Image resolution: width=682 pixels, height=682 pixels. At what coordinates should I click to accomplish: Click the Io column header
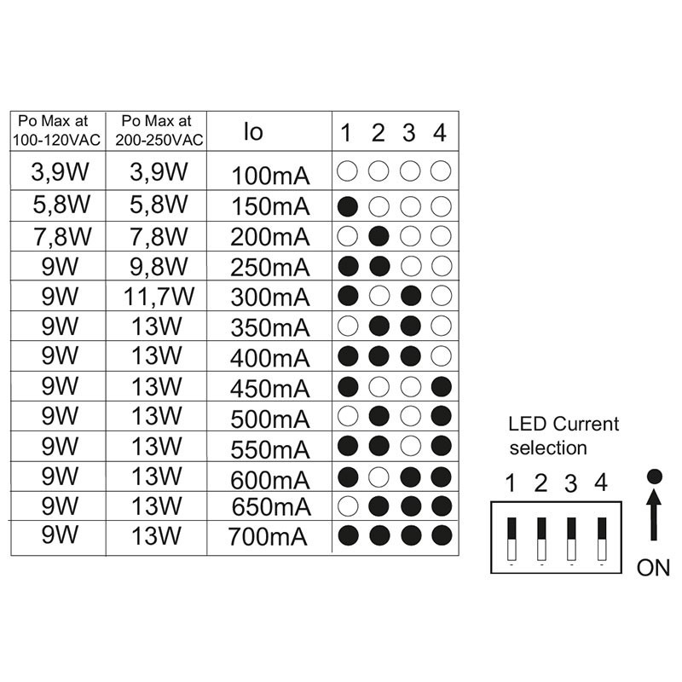click(x=253, y=131)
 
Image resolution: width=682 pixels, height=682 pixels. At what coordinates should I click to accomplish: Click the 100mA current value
click(x=269, y=177)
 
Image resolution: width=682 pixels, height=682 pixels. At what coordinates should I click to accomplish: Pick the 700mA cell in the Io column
click(x=269, y=538)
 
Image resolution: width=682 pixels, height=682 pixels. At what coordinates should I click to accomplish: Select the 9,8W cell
click(x=158, y=267)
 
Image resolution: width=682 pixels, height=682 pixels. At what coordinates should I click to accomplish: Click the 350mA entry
click(x=269, y=327)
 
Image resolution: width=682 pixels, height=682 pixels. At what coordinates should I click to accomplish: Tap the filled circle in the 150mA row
click(x=347, y=205)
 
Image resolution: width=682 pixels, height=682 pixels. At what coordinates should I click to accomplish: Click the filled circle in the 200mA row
click(x=379, y=235)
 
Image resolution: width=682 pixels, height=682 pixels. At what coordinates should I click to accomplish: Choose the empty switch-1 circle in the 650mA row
click(x=347, y=506)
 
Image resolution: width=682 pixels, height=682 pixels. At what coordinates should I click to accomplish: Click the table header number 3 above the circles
click(x=409, y=133)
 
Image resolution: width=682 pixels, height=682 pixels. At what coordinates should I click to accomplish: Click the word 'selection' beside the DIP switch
click(x=547, y=447)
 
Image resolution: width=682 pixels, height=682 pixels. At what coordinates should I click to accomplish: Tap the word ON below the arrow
click(x=653, y=568)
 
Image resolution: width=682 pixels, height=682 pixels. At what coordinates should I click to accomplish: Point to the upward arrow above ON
click(x=653, y=516)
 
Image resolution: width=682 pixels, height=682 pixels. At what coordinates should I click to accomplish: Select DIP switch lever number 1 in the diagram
click(x=511, y=538)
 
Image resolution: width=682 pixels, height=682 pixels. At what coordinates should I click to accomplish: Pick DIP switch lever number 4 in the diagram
click(x=603, y=538)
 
